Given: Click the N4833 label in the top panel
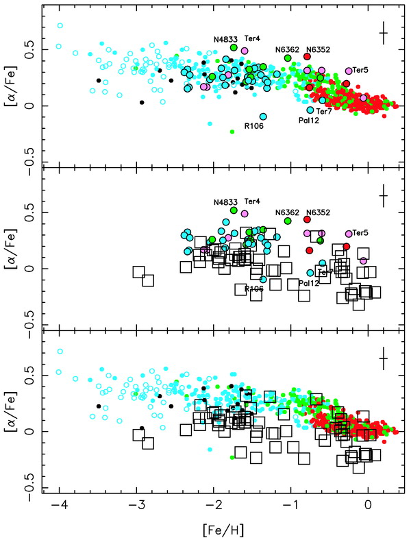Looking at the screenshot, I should [223, 39].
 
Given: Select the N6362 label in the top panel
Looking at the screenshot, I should [288, 49].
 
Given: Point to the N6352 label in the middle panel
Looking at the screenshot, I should [317, 212].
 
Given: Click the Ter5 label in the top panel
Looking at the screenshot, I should [360, 70].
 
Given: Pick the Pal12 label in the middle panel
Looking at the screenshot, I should [309, 283].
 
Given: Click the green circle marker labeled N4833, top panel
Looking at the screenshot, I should [234, 48].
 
